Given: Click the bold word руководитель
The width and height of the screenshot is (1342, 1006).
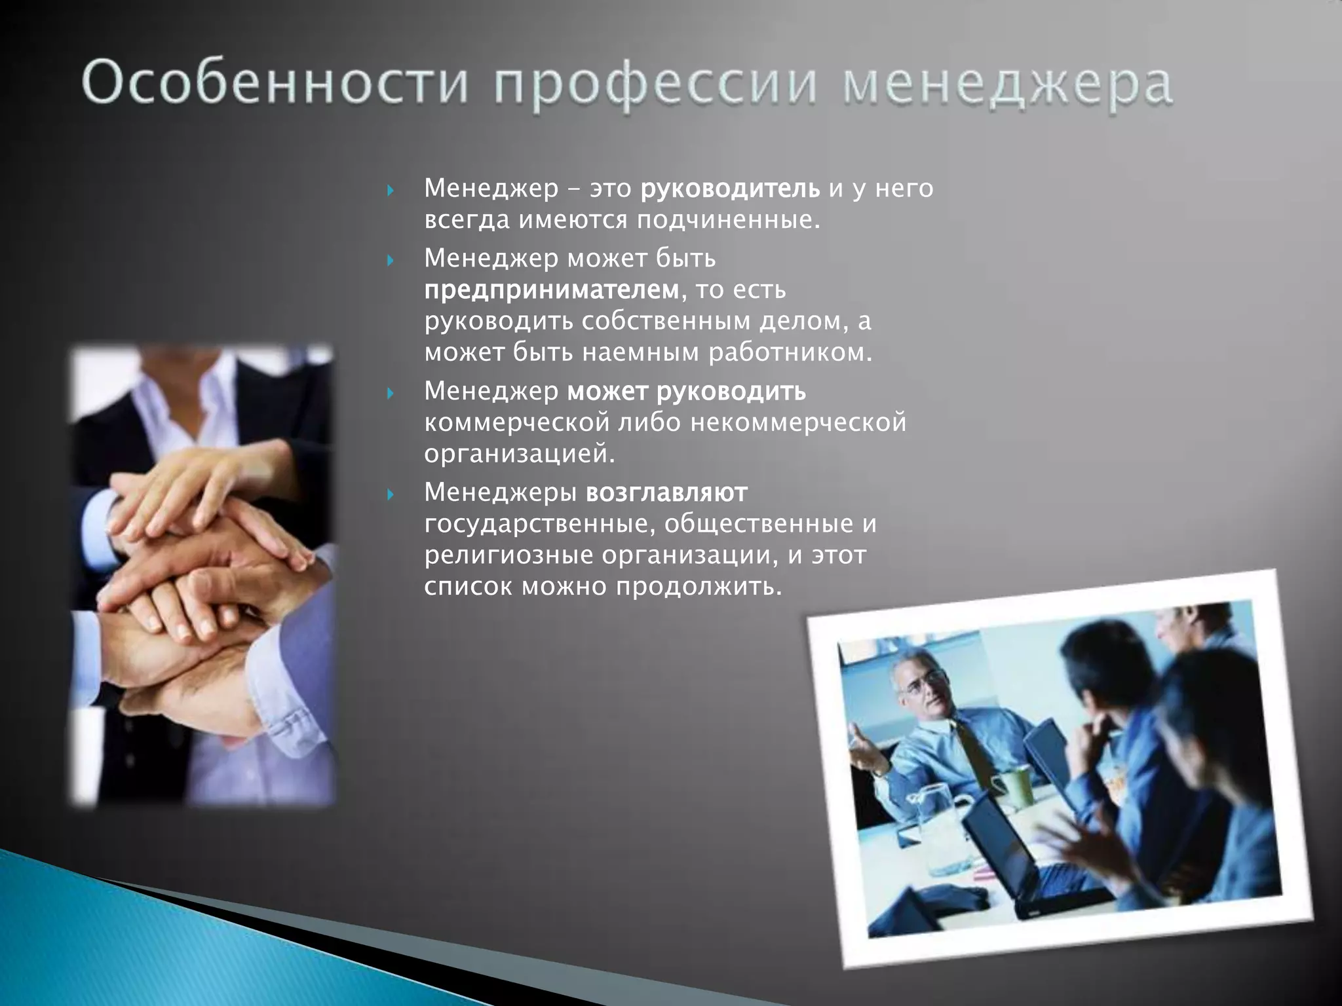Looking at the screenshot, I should pos(729,189).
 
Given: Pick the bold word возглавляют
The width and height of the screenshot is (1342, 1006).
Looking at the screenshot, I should pos(666,493).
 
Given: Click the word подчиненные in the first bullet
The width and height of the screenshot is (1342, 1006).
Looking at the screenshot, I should pos(728,221).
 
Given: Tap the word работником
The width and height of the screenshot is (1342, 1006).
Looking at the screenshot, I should pos(790,353).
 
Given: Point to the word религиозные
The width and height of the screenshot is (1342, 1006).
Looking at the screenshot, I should pos(508,555).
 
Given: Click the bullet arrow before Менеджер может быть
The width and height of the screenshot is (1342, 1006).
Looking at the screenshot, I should pos(391,260).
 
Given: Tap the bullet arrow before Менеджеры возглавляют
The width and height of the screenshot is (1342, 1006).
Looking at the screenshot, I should pos(391,494).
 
